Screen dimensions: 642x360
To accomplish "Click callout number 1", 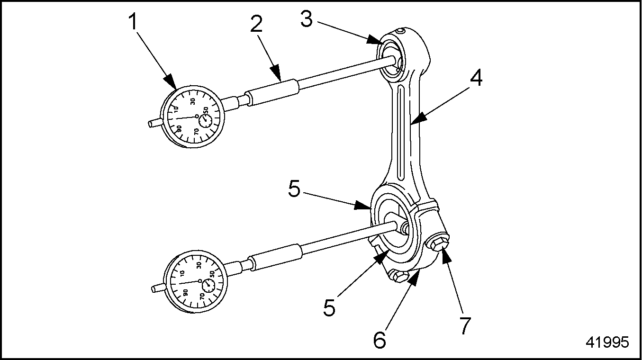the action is pyautogui.click(x=133, y=22).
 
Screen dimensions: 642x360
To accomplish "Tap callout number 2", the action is pyautogui.click(x=256, y=24).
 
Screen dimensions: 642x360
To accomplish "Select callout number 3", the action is pyautogui.click(x=307, y=19).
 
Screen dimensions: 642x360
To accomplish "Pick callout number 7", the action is pyautogui.click(x=465, y=325).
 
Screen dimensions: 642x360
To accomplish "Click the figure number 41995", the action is pyautogui.click(x=607, y=342).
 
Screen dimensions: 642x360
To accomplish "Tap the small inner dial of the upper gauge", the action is pyautogui.click(x=206, y=120).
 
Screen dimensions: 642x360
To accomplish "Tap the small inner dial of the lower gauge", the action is pyautogui.click(x=208, y=285).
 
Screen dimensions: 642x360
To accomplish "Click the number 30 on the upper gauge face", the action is pyautogui.click(x=193, y=101).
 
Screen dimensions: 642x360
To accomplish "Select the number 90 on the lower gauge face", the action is pyautogui.click(x=185, y=293).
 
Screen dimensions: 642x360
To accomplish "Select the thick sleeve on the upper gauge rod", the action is pyautogui.click(x=272, y=92).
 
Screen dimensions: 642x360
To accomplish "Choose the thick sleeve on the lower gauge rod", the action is pyautogui.click(x=276, y=257).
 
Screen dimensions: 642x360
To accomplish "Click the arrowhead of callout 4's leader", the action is pyautogui.click(x=417, y=118).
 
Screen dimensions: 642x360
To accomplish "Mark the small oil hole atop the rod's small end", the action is pyautogui.click(x=400, y=31).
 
